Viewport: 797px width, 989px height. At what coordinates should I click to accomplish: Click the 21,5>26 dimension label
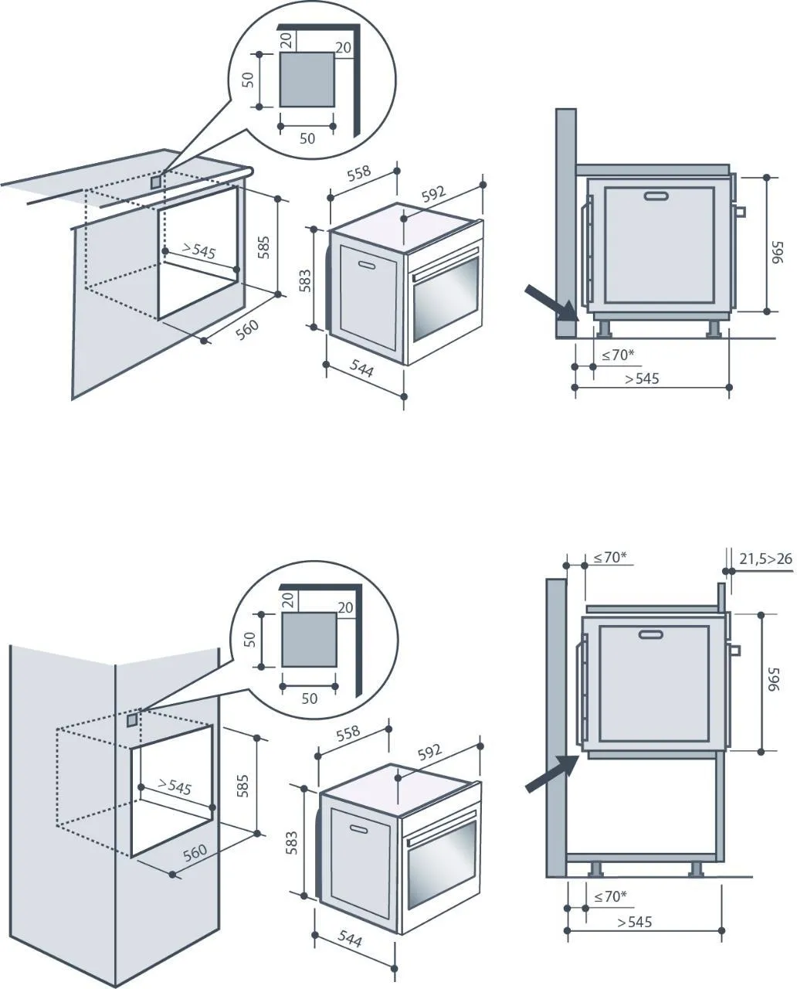[765, 558]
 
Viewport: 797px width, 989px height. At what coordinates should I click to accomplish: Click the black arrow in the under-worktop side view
[551, 304]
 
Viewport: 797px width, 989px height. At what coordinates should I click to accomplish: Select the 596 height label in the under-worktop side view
[776, 255]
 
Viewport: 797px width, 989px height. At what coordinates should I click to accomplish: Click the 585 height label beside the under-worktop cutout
[263, 246]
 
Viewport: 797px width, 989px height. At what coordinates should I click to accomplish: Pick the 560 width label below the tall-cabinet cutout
[195, 852]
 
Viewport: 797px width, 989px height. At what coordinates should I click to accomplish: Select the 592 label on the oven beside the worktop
[434, 193]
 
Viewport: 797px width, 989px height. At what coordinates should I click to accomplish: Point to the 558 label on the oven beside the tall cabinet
[348, 732]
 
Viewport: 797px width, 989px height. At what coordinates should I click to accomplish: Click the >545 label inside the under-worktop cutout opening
[198, 251]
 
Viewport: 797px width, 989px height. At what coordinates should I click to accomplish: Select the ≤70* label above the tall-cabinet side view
[610, 557]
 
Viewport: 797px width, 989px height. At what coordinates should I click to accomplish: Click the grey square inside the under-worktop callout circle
[307, 80]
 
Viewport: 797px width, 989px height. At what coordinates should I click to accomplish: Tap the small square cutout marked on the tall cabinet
[133, 720]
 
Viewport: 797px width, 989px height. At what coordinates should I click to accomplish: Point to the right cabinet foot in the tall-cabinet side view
[695, 869]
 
